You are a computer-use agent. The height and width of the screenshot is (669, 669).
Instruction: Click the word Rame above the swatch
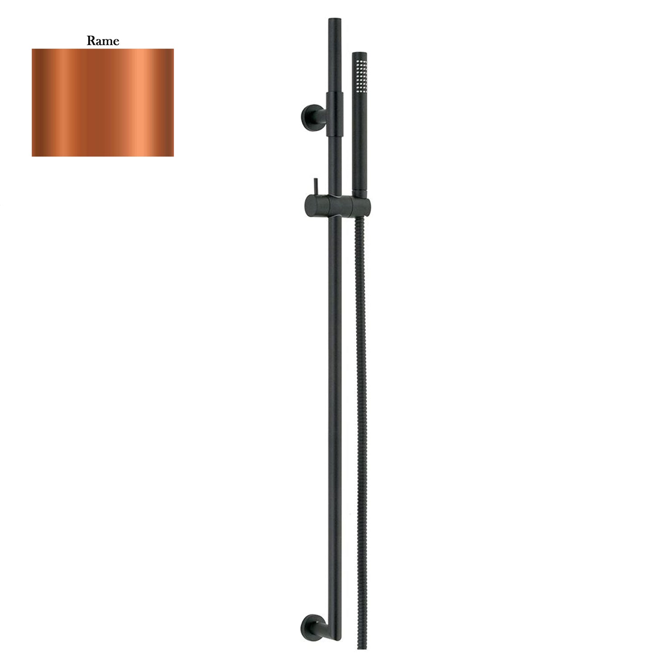[x=103, y=41]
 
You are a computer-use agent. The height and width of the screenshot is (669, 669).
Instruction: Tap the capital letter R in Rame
[x=91, y=41]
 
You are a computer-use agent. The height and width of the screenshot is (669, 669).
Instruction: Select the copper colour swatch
[x=103, y=103]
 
